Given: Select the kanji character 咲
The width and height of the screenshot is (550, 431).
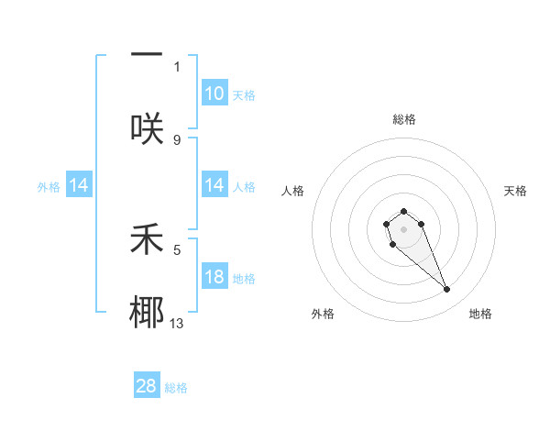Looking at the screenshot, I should [x=147, y=128].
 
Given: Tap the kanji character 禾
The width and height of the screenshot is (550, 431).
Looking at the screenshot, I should [x=147, y=239].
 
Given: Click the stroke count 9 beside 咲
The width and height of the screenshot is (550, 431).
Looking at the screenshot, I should [x=177, y=139].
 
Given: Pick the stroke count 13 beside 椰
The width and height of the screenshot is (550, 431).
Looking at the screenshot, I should [x=177, y=323].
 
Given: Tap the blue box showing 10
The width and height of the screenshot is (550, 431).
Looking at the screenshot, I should [x=214, y=94].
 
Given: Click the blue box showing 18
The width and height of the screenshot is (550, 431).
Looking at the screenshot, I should [x=214, y=278].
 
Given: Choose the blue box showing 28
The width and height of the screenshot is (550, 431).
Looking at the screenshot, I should [x=147, y=386].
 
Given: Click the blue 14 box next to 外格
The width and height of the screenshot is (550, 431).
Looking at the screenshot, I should [x=79, y=186].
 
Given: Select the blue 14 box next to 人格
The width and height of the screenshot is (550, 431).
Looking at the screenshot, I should [x=214, y=186].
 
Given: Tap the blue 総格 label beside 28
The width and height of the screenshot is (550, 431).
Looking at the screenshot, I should [x=176, y=388].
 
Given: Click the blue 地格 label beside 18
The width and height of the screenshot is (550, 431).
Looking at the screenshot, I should [x=244, y=279].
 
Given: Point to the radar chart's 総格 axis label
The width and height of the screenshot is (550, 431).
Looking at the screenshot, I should [x=404, y=119].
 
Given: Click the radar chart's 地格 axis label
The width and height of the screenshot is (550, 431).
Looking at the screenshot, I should [x=480, y=314].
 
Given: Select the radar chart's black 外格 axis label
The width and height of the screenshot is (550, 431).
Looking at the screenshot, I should [x=323, y=314].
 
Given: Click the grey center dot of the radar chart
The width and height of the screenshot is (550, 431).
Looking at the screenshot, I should [x=403, y=229].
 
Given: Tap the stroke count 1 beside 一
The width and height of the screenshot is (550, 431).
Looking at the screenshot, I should [x=177, y=66].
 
